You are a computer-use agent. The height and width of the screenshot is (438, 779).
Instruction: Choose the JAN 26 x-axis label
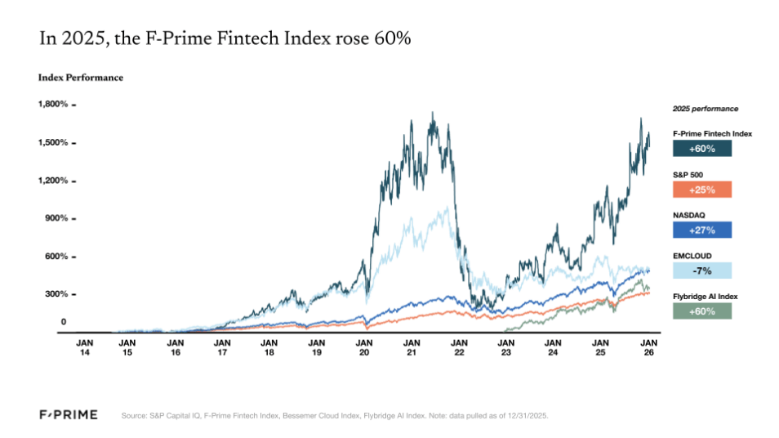point(648,346)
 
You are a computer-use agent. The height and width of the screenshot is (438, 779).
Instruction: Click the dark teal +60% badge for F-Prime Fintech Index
point(701,149)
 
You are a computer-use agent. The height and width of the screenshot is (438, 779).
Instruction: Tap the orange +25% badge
point(701,190)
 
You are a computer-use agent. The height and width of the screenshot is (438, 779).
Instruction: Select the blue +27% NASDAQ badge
point(701,230)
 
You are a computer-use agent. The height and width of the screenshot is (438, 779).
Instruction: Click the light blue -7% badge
point(701,270)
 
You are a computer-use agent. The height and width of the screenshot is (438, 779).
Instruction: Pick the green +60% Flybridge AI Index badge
point(701,311)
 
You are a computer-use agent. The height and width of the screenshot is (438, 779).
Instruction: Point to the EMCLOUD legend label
point(692,255)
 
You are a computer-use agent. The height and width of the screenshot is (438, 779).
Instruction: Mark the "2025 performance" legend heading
point(705,109)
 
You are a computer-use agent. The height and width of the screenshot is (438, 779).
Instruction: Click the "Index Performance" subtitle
point(80,78)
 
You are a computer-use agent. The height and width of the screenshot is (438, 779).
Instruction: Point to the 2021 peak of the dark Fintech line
point(432,113)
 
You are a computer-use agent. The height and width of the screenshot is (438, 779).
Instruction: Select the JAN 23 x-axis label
point(506,346)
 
